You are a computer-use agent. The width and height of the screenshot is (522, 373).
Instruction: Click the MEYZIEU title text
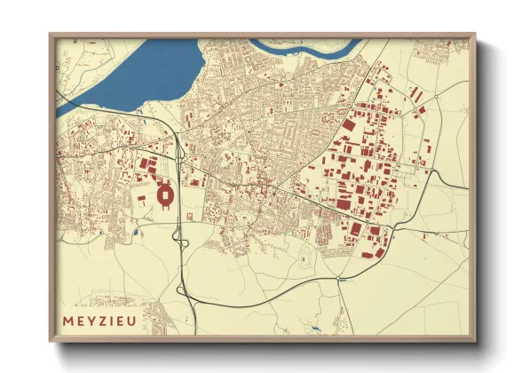click(100, 321)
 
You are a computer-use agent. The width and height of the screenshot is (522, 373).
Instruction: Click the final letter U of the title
click(133, 321)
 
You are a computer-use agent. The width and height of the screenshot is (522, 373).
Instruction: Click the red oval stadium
click(165, 194)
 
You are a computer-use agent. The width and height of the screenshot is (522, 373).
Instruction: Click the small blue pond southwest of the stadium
click(135, 233)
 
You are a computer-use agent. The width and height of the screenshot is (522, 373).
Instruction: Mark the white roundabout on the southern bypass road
click(338, 279)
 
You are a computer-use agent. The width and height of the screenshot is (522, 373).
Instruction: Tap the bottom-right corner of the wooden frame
click(476, 341)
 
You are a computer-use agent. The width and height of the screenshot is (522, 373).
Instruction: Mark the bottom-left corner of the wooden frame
click(51, 341)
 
